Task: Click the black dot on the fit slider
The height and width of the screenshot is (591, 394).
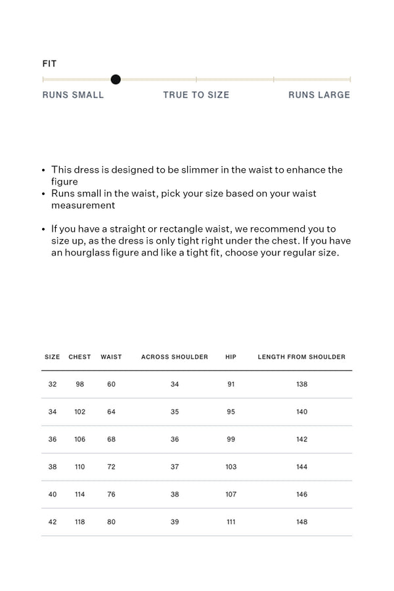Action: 116,79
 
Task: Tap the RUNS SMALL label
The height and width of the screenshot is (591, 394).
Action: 73,95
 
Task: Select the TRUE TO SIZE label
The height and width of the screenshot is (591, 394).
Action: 196,95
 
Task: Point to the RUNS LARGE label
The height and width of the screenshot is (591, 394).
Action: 319,95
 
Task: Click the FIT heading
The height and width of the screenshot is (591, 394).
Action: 49,64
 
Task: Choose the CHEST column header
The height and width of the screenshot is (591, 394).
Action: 79,357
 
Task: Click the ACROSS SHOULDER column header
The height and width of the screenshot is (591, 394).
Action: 175,357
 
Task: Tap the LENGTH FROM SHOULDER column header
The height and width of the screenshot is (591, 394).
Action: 301,357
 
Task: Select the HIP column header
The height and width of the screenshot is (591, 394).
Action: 230,357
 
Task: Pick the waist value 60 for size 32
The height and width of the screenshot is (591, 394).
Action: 111,384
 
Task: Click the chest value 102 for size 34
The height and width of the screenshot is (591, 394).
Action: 79,412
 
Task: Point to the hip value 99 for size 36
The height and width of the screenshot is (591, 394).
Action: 230,439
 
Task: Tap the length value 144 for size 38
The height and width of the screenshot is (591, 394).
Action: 301,467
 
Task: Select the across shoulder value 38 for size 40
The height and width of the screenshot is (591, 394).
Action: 175,494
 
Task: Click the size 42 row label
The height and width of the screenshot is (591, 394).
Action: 53,522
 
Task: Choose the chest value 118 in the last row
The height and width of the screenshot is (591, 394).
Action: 79,522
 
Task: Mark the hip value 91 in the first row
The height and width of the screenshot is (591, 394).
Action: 230,384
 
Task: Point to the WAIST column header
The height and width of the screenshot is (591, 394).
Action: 111,357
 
